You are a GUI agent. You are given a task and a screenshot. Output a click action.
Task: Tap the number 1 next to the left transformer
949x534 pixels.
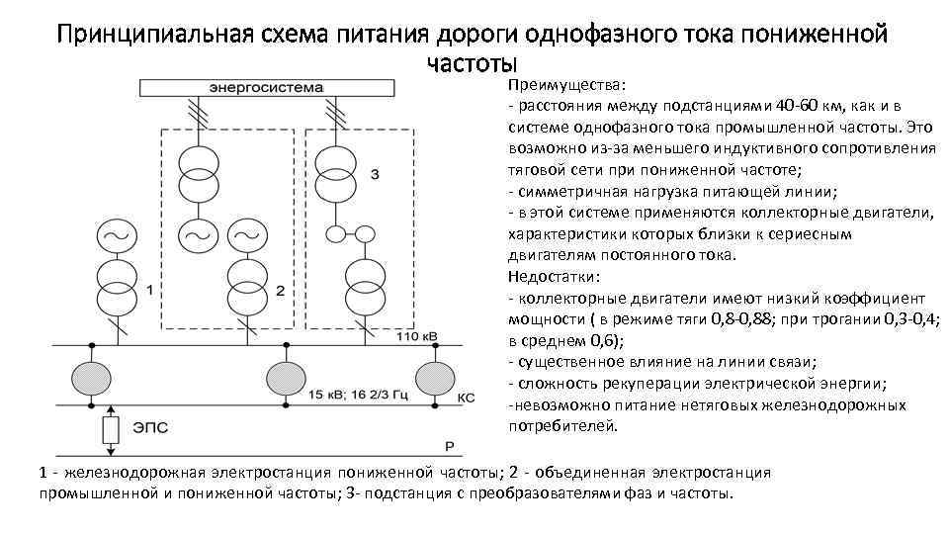(x=148, y=290)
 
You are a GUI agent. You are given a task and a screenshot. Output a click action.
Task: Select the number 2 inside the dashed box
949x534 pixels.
(x=280, y=290)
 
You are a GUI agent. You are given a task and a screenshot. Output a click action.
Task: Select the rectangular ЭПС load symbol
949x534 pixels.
(x=111, y=430)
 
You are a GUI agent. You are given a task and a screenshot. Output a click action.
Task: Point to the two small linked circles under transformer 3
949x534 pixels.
(x=351, y=233)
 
